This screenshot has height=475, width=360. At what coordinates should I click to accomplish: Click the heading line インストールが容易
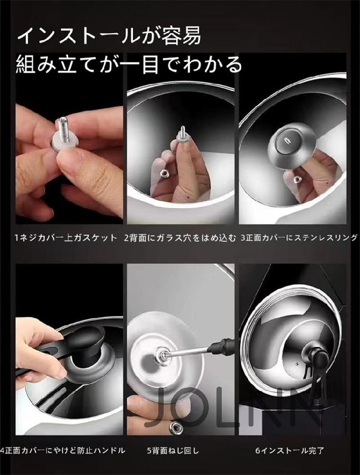(x=109, y=36)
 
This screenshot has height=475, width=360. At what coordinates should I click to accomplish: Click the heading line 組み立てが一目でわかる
(x=129, y=64)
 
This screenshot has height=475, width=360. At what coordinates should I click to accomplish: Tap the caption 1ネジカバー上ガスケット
(x=66, y=238)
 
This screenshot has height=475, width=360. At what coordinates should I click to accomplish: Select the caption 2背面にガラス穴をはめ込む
(x=180, y=238)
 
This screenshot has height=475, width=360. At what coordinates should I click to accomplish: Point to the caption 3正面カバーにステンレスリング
(x=299, y=238)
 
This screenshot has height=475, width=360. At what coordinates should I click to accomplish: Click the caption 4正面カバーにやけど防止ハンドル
(x=63, y=451)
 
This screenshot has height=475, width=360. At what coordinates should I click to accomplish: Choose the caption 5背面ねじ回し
(x=173, y=451)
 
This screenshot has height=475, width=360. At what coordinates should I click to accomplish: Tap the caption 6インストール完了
(x=289, y=451)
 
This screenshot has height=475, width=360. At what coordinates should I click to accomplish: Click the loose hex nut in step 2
(x=164, y=174)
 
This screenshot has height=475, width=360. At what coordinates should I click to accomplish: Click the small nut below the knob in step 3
(x=296, y=180)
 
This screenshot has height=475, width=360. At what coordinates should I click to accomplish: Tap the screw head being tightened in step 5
(x=161, y=353)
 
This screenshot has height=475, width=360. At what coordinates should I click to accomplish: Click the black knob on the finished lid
(x=315, y=351)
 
